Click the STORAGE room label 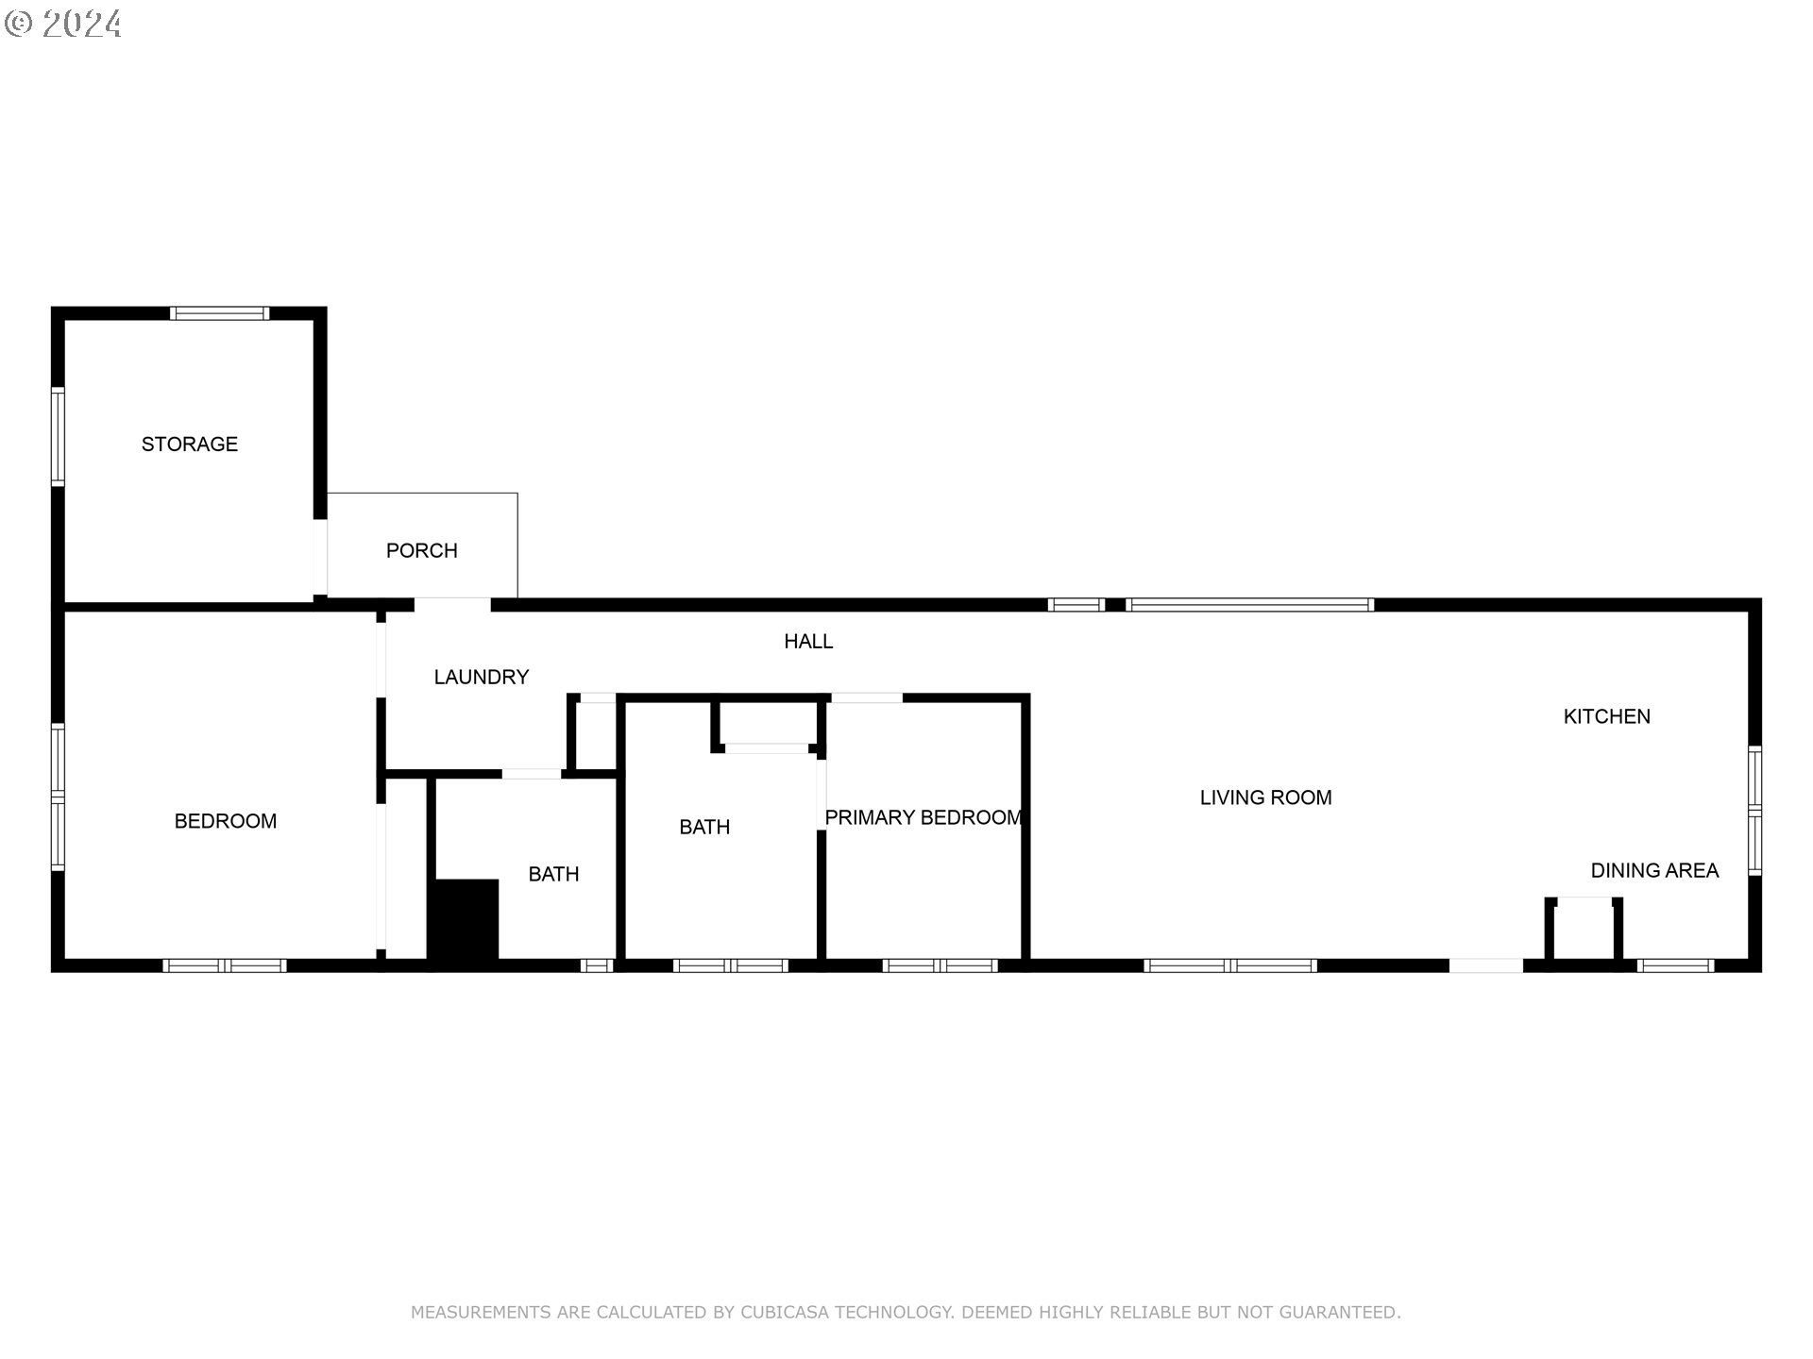[x=189, y=444]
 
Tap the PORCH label [x=421, y=550]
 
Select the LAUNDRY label [x=481, y=677]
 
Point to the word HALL [x=808, y=642]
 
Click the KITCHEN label [x=1606, y=716]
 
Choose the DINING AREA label [x=1654, y=870]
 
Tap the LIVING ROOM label [x=1265, y=797]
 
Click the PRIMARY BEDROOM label [x=923, y=817]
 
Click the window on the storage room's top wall [x=219, y=313]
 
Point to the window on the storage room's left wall [x=58, y=436]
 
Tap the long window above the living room [x=1249, y=605]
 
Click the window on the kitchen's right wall [x=1754, y=810]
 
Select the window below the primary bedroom [x=940, y=965]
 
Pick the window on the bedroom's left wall [x=58, y=797]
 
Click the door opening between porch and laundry [x=452, y=605]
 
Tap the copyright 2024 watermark [x=63, y=23]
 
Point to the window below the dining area [x=1675, y=965]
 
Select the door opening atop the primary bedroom [x=866, y=698]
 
